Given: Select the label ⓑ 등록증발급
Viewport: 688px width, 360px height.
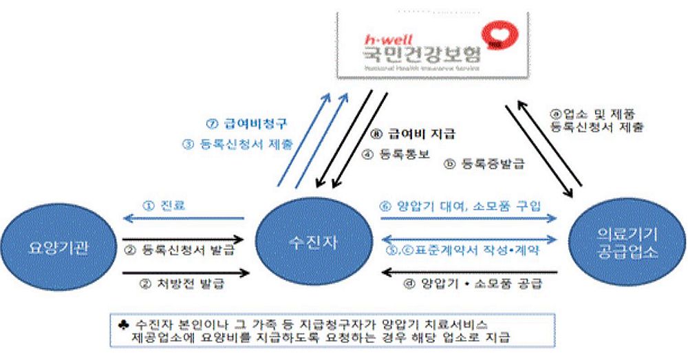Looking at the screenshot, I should click(477, 165).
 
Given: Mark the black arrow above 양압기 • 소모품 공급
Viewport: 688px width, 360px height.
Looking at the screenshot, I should click(469, 271).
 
